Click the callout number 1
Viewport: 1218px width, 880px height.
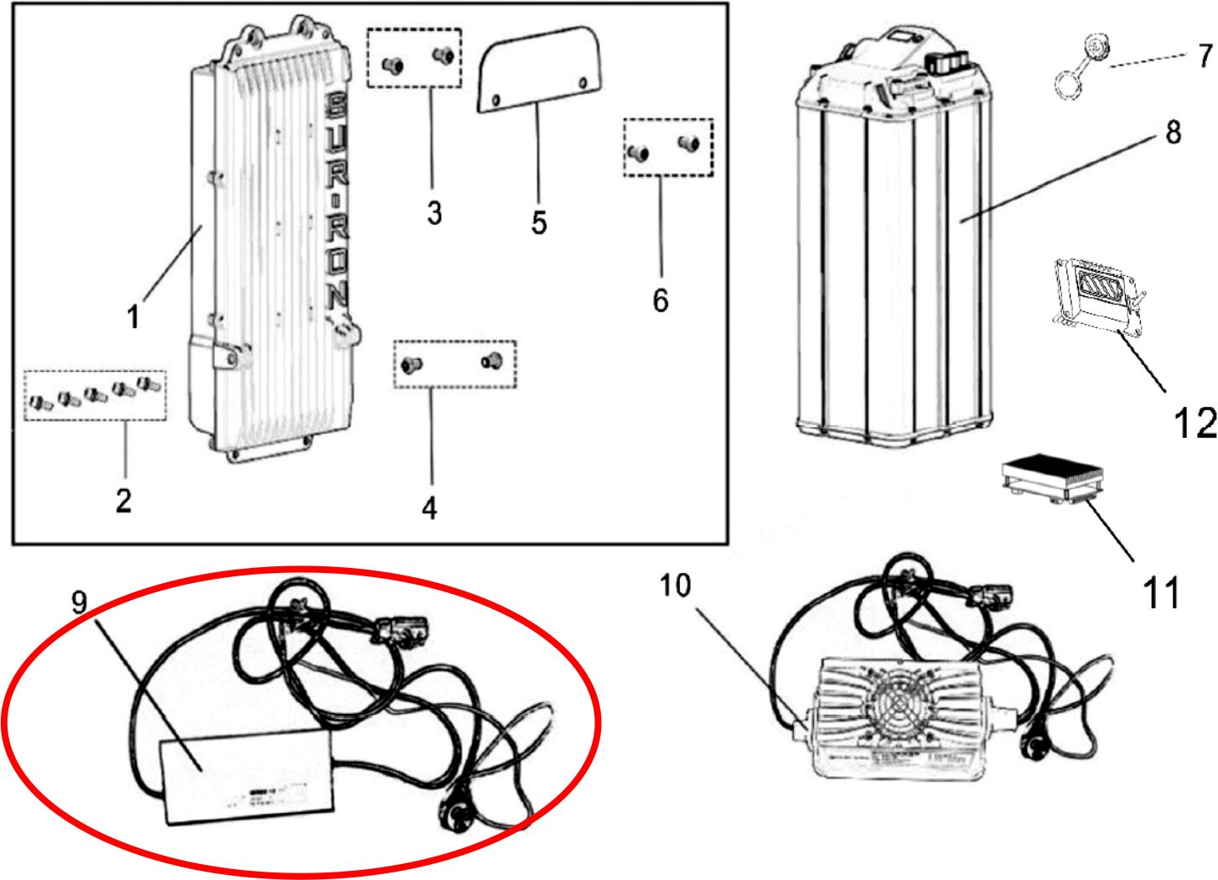tap(132, 316)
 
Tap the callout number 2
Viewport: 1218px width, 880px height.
tap(123, 500)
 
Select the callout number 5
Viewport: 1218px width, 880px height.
tap(539, 222)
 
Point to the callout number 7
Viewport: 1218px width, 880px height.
tap(1205, 55)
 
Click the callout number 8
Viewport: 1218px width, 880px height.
tap(1173, 132)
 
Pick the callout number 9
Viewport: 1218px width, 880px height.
tap(79, 601)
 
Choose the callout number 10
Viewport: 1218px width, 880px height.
tap(675, 585)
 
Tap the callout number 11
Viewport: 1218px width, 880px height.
tap(1161, 593)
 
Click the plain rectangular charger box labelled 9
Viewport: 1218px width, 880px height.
tap(247, 775)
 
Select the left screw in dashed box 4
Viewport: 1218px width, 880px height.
tap(412, 364)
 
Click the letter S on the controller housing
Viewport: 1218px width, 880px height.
tap(334, 106)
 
